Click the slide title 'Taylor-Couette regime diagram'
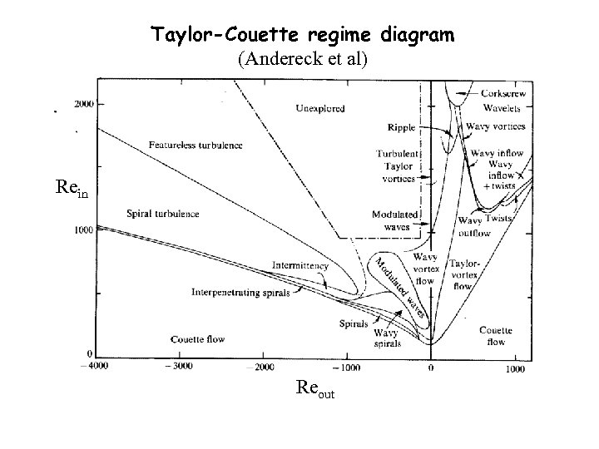(x=303, y=36)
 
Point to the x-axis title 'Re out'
(x=315, y=387)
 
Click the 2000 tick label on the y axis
(x=85, y=104)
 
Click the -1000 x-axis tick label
(x=345, y=367)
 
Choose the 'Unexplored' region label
(x=320, y=109)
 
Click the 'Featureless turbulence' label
(x=196, y=145)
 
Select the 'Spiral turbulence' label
(x=163, y=214)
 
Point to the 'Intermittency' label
(x=299, y=266)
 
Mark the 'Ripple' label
(x=401, y=127)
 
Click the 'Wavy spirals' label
(x=387, y=338)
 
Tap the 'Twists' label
(x=498, y=218)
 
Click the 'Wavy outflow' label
(x=475, y=226)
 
